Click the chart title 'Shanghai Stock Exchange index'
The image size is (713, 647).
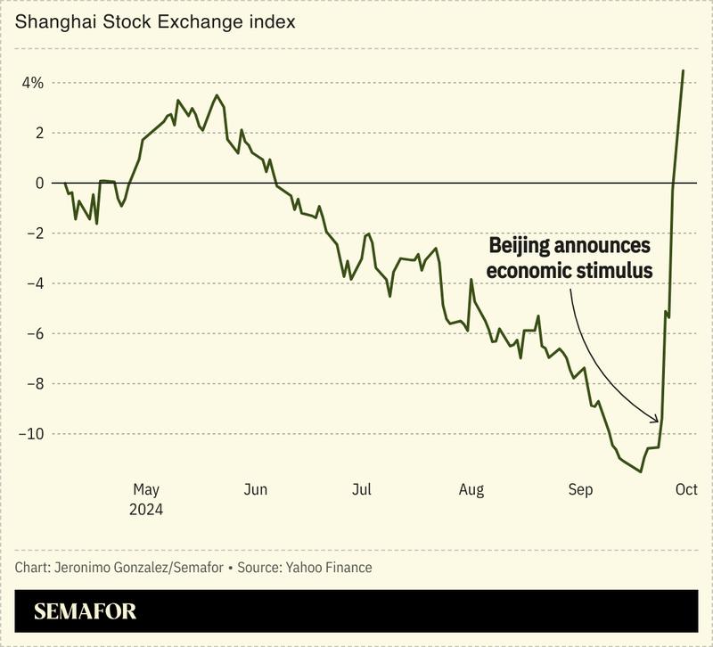point(154,20)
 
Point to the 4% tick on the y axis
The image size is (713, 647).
point(33,83)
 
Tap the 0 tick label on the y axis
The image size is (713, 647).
point(39,183)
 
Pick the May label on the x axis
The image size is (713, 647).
point(145,489)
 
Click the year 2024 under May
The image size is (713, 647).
point(145,510)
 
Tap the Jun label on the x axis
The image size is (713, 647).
point(256,489)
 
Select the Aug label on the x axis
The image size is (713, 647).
point(471,489)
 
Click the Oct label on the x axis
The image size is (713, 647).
point(685,489)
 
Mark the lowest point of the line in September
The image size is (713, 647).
point(641,471)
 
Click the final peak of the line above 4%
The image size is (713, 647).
point(683,70)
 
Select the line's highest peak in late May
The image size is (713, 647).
point(217,95)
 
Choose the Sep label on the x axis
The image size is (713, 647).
point(580,489)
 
